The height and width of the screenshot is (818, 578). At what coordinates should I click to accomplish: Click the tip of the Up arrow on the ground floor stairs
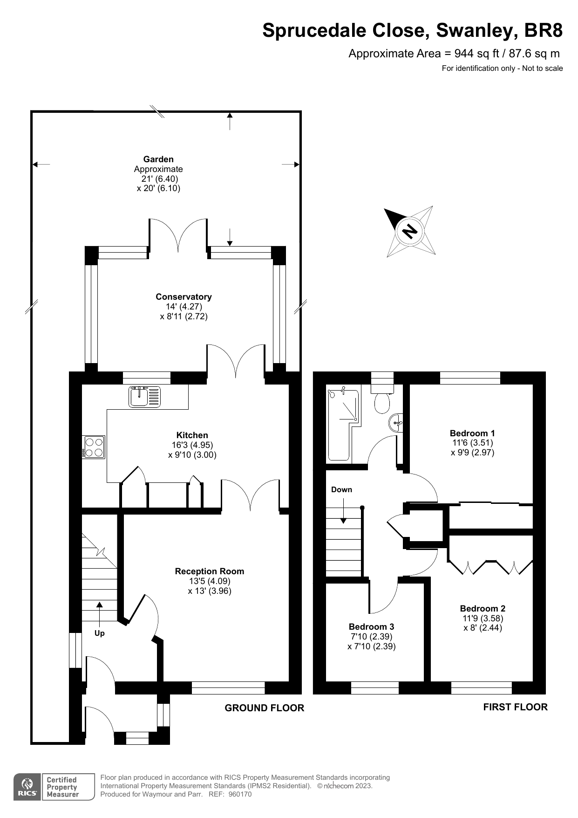pos(99,602)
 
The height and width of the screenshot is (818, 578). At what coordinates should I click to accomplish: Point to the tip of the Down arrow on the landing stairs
pos(344,523)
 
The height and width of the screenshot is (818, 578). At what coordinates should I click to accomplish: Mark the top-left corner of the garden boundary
pos(31,111)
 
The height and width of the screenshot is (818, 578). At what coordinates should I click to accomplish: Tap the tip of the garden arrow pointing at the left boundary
pos(32,164)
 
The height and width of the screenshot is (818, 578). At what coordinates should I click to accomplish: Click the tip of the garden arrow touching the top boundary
pos(230,112)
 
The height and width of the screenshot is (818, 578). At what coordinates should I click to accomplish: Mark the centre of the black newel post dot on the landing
pos(362,508)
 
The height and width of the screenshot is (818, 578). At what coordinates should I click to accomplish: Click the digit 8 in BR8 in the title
pos(557,30)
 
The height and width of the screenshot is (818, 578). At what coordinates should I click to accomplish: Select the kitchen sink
pos(144,397)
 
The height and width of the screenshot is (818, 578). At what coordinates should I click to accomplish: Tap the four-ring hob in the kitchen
pos(94,447)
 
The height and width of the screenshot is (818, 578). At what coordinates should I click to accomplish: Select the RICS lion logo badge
pos(27,787)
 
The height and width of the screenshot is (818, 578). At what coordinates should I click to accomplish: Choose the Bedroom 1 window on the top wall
pos(470,378)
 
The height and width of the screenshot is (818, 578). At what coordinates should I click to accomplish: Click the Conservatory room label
pos(184,296)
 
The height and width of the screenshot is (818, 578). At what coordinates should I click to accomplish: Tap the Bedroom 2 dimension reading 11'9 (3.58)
pos(483,618)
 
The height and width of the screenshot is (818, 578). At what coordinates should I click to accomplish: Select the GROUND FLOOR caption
pos(264,708)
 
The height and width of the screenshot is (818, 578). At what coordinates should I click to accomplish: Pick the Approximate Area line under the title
pos(454,54)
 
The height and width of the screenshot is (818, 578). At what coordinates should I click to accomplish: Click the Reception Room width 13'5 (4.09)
pos(210,581)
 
